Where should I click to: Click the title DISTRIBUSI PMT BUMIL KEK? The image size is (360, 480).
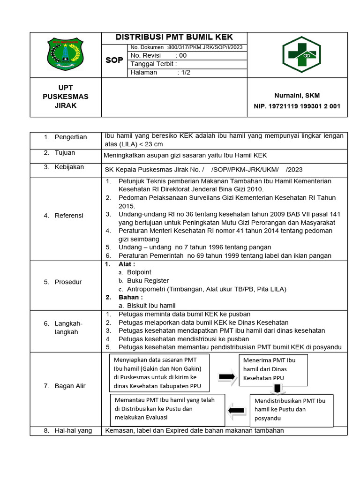[174, 37]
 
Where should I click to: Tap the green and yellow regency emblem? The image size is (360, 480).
[66, 55]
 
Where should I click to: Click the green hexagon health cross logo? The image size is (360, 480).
[301, 55]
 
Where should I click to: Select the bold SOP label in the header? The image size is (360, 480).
[114, 60]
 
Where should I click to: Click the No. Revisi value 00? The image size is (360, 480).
[181, 55]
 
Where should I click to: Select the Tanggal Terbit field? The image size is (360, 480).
[154, 64]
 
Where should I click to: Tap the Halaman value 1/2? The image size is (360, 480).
[184, 73]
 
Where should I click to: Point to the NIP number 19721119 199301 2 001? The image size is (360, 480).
[297, 106]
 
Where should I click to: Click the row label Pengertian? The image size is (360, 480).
[71, 137]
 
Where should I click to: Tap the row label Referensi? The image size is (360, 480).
[69, 216]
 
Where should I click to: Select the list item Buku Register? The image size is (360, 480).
[148, 280]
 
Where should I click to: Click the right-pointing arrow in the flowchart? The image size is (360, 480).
[227, 377]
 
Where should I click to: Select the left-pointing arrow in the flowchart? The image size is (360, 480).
[236, 411]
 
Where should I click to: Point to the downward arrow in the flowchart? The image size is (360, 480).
[277, 389]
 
